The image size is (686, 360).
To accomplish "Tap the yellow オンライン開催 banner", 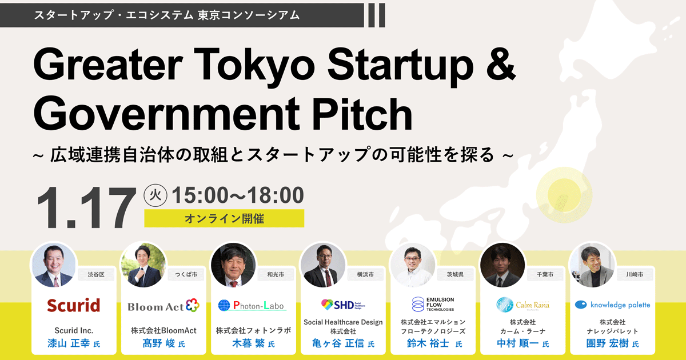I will [x=224, y=218].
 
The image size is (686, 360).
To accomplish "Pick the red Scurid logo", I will [x=73, y=305].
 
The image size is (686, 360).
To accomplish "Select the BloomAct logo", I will [x=163, y=306].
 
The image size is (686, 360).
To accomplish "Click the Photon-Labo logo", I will [x=252, y=306].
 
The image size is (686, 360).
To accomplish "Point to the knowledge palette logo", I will [x=612, y=305].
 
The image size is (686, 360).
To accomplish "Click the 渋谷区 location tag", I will [x=96, y=274].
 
